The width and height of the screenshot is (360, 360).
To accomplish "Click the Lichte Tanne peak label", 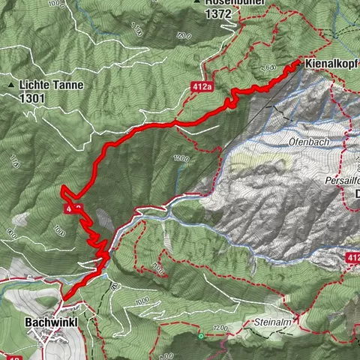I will tap(41, 85).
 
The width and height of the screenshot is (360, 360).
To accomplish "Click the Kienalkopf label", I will tap(330, 64).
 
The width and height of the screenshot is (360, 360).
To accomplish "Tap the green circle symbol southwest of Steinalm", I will tap(201, 336).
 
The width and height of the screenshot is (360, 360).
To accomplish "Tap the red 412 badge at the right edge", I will tap(352, 258).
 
